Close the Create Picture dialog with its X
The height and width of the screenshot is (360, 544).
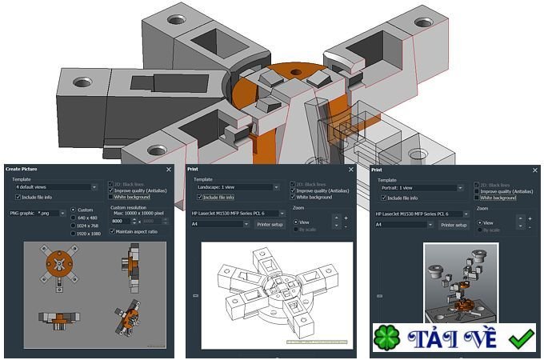(x=168, y=170)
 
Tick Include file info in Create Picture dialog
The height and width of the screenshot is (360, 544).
(x=17, y=197)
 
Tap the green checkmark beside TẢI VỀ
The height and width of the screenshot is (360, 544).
(x=521, y=338)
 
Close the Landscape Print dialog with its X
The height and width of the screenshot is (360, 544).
(x=350, y=170)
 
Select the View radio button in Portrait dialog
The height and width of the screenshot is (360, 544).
(x=479, y=222)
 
